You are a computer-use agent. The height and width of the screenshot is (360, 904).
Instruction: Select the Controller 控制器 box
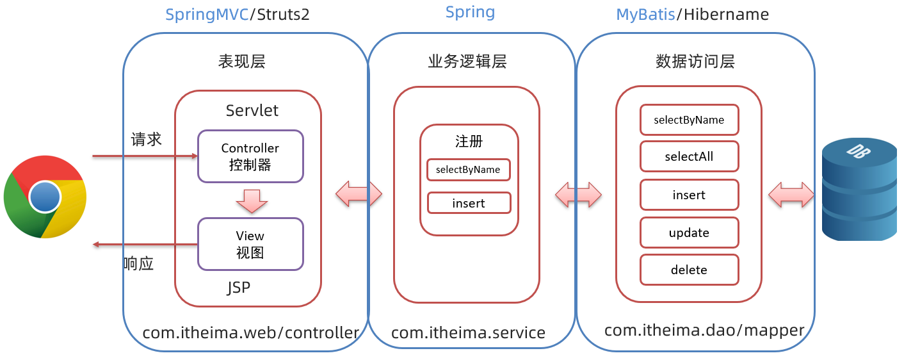pos(250,156)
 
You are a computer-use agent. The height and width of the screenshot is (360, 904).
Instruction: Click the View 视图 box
pos(250,244)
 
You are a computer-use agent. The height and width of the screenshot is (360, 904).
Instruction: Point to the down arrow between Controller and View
pos(251,200)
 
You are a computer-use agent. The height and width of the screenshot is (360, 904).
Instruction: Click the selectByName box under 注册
pos(469,170)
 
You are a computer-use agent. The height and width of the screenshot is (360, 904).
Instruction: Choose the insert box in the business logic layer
pos(469,203)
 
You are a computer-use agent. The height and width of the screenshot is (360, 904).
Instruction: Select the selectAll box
pos(690,157)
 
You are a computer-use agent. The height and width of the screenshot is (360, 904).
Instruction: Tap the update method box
pos(690,233)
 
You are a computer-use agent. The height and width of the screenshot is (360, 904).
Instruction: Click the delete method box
pos(690,270)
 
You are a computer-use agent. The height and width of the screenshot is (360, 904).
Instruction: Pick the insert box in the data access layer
pos(690,195)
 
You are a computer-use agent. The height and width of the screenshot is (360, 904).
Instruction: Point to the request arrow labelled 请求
pos(144,156)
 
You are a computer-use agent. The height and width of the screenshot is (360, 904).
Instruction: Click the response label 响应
pos(139,263)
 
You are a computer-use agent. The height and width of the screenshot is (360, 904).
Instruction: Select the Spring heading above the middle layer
pos(470,12)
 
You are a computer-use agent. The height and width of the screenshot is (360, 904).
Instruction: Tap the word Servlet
pos(252,110)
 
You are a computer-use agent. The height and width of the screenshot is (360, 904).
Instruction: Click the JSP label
pos(239,288)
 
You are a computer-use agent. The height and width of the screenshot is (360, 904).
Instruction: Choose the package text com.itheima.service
pos(468,332)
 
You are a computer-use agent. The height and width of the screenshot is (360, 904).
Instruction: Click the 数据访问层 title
pos(695,61)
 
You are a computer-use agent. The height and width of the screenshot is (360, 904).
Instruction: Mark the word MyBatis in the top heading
pos(645,15)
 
